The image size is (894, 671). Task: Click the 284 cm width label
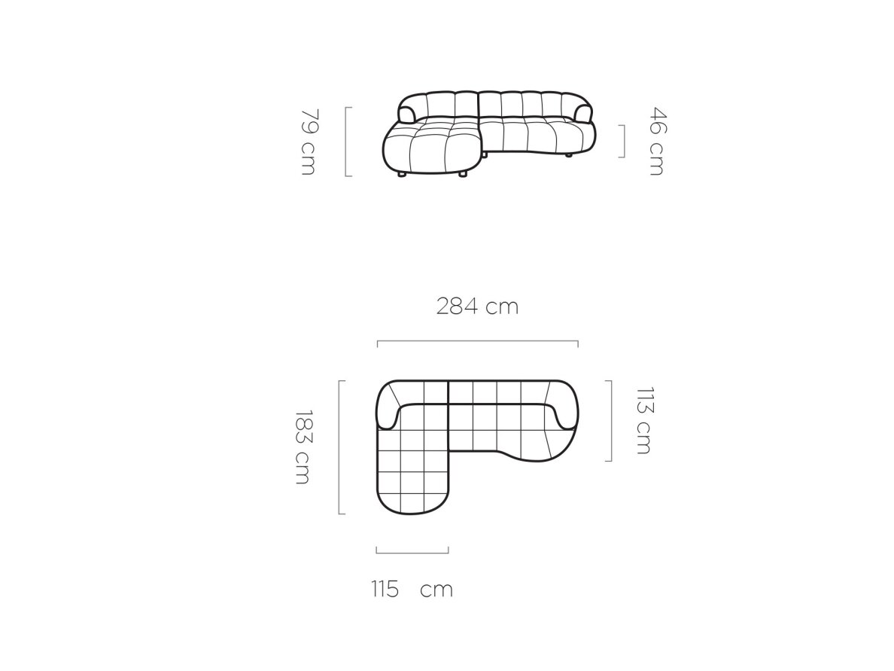point(478,307)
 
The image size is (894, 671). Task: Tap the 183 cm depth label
point(303,447)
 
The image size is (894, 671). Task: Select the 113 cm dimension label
point(643,420)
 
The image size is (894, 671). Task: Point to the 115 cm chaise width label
point(412,589)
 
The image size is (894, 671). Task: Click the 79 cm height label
point(308,142)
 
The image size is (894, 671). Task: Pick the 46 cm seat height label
point(657,142)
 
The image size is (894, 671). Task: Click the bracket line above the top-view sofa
point(478,341)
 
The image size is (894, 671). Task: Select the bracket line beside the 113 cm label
point(611,420)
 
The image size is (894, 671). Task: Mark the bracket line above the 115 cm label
point(412,552)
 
